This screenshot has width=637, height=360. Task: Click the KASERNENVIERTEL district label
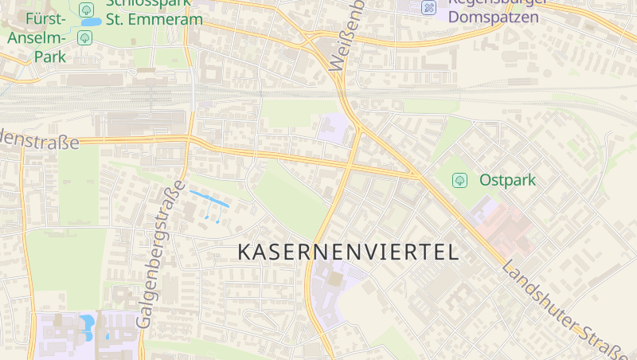tap(349, 252)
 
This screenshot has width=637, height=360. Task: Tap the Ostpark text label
tap(507, 180)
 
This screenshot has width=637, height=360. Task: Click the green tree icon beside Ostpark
tap(459, 181)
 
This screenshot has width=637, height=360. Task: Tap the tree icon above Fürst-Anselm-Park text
tap(84, 37)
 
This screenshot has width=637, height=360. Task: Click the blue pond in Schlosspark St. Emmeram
tap(90, 22)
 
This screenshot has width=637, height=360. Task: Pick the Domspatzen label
tap(493, 17)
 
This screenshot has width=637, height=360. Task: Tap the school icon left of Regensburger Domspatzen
tap(428, 8)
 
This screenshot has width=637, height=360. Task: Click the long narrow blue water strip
tap(209, 198)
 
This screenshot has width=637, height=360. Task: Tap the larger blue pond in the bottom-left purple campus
tap(87, 323)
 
